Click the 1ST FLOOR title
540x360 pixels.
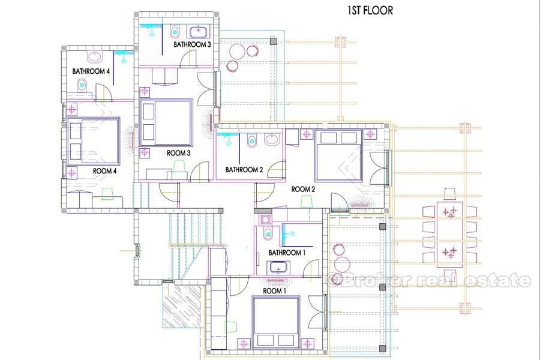click(x=370, y=11)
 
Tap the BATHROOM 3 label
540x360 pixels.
click(x=192, y=44)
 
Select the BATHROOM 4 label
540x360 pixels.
click(x=91, y=71)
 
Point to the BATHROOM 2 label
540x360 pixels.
click(x=244, y=169)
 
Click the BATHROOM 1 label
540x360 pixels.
click(x=287, y=253)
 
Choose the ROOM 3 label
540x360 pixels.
click(x=178, y=153)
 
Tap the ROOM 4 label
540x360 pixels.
click(x=104, y=171)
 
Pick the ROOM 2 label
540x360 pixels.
click(x=303, y=189)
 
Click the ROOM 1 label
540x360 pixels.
click(x=274, y=291)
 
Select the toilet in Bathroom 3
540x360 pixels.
click(x=175, y=32)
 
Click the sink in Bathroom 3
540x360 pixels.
click(x=199, y=32)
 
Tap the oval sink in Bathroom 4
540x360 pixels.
click(x=94, y=57)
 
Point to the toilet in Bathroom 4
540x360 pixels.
click(x=82, y=85)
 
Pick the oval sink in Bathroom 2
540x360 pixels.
click(x=273, y=140)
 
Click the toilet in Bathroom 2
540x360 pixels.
click(x=252, y=140)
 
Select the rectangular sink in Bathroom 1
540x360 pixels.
click(x=278, y=268)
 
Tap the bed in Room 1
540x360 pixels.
click(x=275, y=321)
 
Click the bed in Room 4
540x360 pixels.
click(x=94, y=141)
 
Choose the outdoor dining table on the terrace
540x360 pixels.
click(x=450, y=234)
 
